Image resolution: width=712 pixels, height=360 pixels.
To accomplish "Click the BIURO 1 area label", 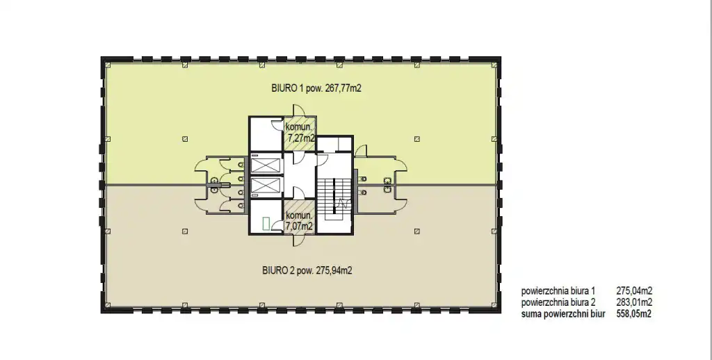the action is pyautogui.click(x=316, y=88).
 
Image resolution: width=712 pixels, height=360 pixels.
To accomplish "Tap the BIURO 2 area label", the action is pyautogui.click(x=307, y=270).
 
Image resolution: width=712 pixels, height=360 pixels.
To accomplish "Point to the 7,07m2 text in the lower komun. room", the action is pyautogui.click(x=299, y=225).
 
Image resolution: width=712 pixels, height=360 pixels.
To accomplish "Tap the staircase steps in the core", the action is pyautogui.click(x=334, y=196).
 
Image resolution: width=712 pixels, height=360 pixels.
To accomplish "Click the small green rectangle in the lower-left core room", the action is pyautogui.click(x=266, y=223).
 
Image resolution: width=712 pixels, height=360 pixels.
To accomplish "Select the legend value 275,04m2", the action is pyautogui.click(x=634, y=291).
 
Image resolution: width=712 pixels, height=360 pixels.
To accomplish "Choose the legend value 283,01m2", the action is pyautogui.click(x=634, y=302).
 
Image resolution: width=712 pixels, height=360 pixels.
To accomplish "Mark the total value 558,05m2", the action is pyautogui.click(x=634, y=313).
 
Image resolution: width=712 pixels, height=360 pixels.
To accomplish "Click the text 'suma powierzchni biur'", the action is pyautogui.click(x=563, y=313).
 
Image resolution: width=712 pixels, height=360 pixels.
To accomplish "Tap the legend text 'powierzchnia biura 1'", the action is pyautogui.click(x=558, y=291).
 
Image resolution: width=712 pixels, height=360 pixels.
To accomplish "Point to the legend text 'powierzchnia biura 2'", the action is pyautogui.click(x=558, y=302).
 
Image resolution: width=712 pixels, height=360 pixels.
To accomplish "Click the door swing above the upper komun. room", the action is pyautogui.click(x=299, y=111).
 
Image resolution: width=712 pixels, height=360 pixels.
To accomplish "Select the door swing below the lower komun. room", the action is pyautogui.click(x=299, y=240).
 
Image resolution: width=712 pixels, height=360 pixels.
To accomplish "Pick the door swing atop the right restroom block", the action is pyautogui.click(x=361, y=152).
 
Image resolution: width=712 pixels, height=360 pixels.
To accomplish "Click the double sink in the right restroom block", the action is pyautogui.click(x=387, y=186).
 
